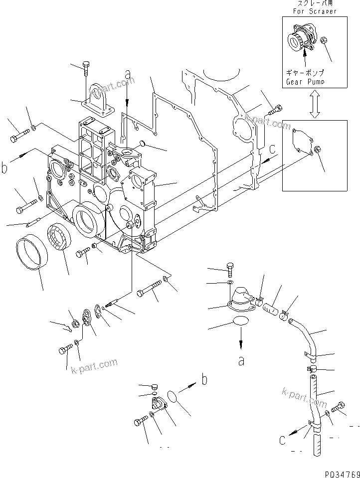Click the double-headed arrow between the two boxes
pyautogui.click(x=314, y=104)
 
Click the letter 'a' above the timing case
pyautogui.click(x=128, y=75)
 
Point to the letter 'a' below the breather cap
pyautogui.click(x=241, y=360)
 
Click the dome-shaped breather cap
pyautogui.click(x=241, y=298)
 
